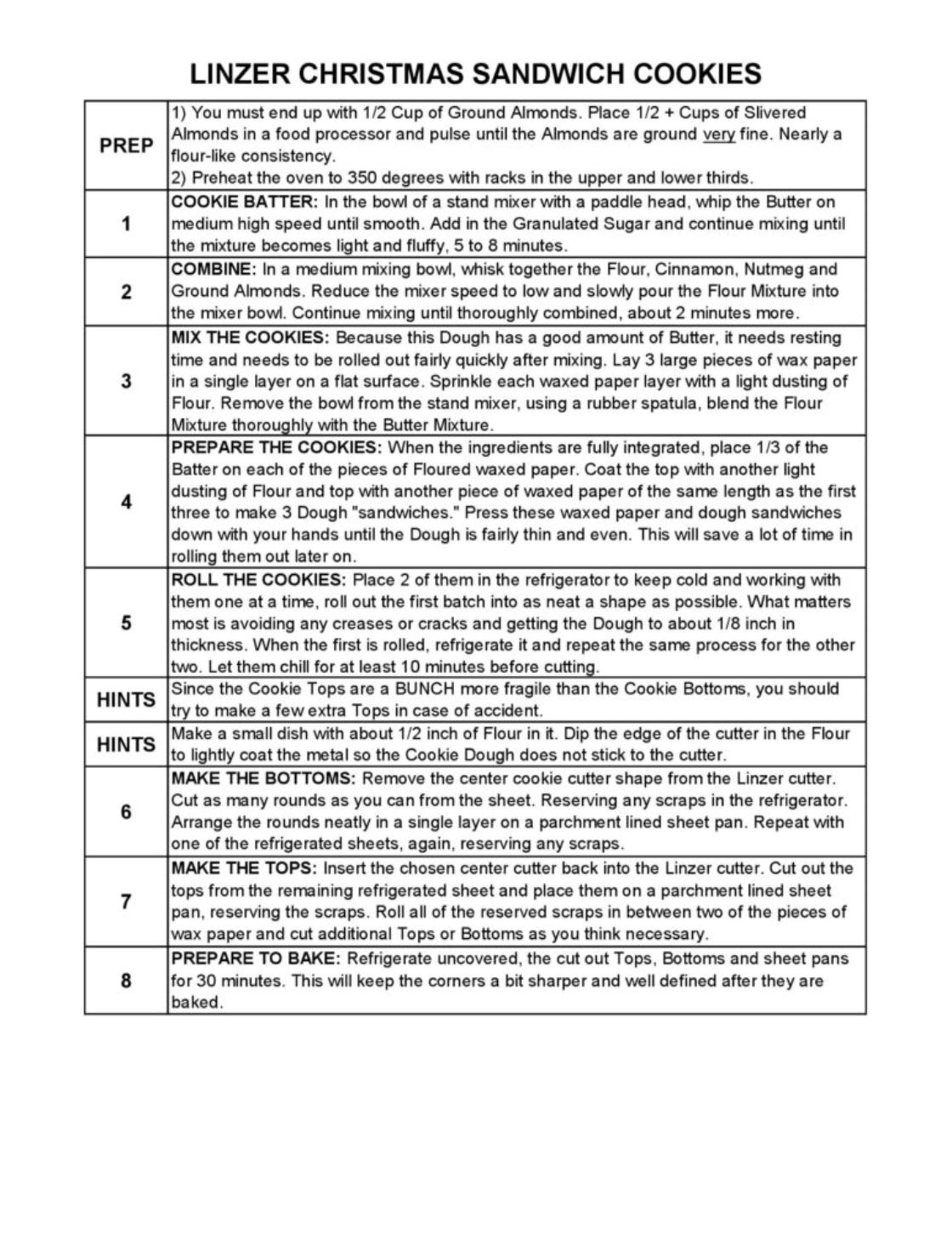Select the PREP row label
pos(126,145)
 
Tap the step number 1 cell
pos(126,225)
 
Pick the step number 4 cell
pos(126,502)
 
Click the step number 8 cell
pos(126,981)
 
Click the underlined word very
pos(718,134)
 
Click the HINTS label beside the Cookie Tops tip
pos(126,700)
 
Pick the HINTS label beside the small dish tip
pos(126,745)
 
